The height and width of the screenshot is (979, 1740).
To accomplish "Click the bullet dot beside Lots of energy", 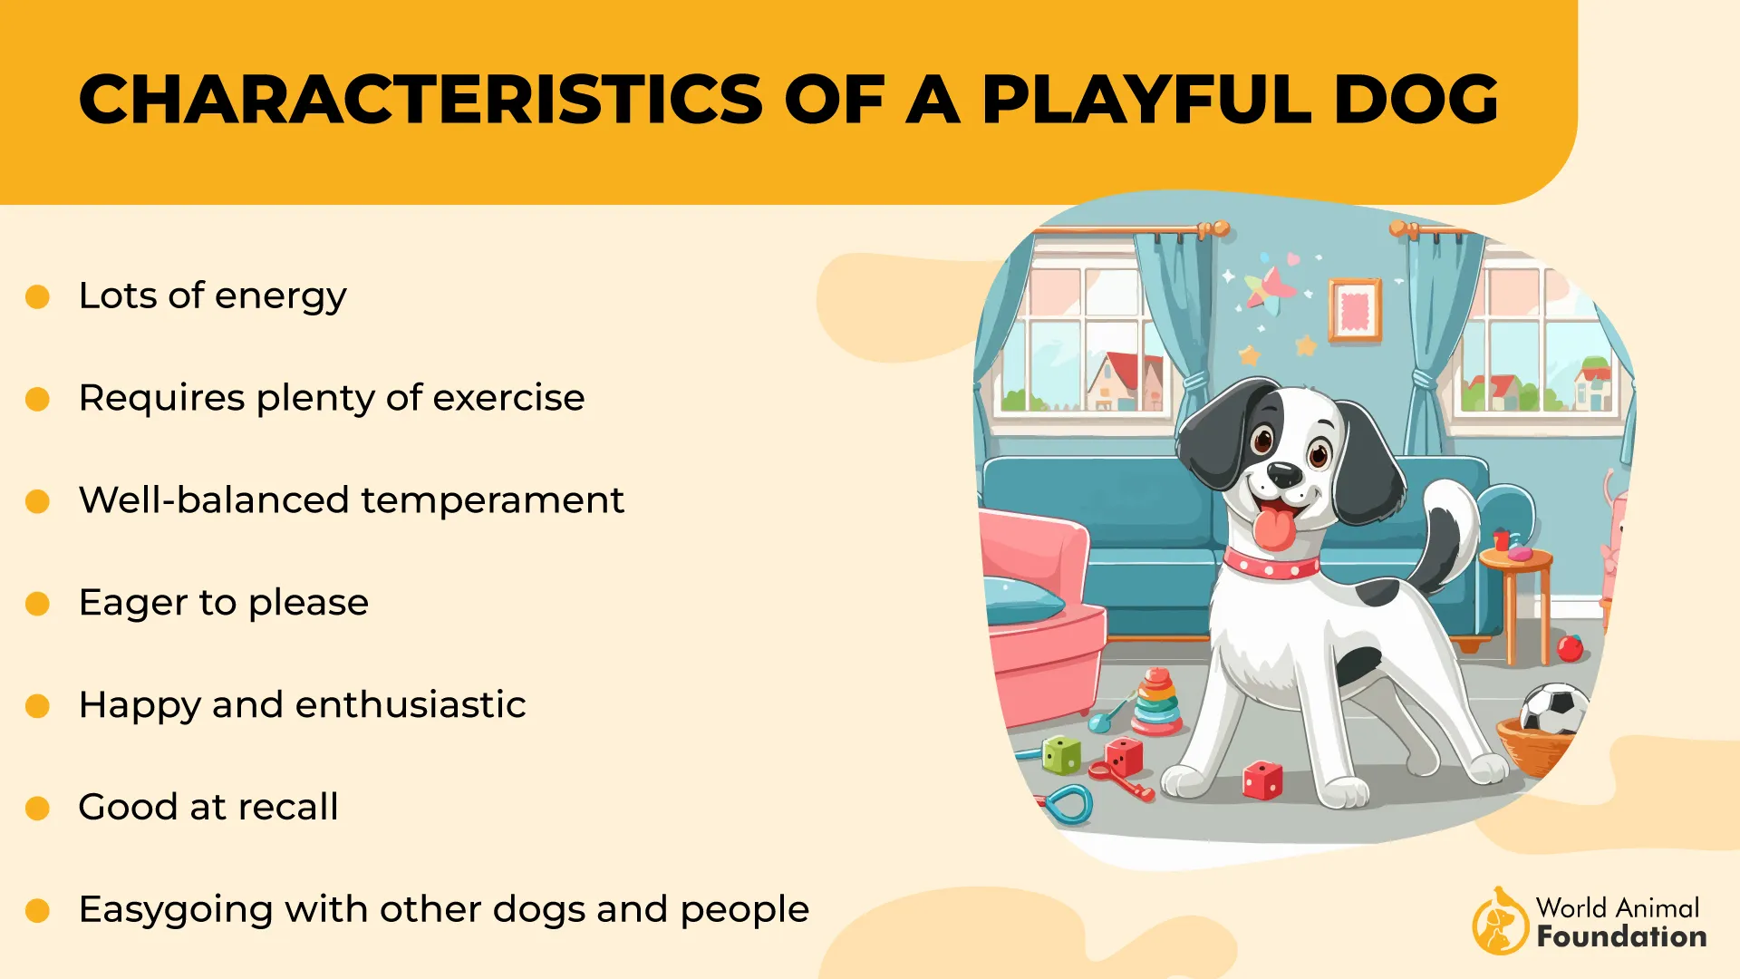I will (x=37, y=296).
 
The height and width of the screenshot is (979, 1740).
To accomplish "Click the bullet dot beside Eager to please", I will (x=37, y=604).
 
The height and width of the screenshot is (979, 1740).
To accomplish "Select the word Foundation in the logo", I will (x=1621, y=936).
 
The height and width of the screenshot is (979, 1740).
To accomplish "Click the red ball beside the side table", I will (x=1570, y=648).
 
